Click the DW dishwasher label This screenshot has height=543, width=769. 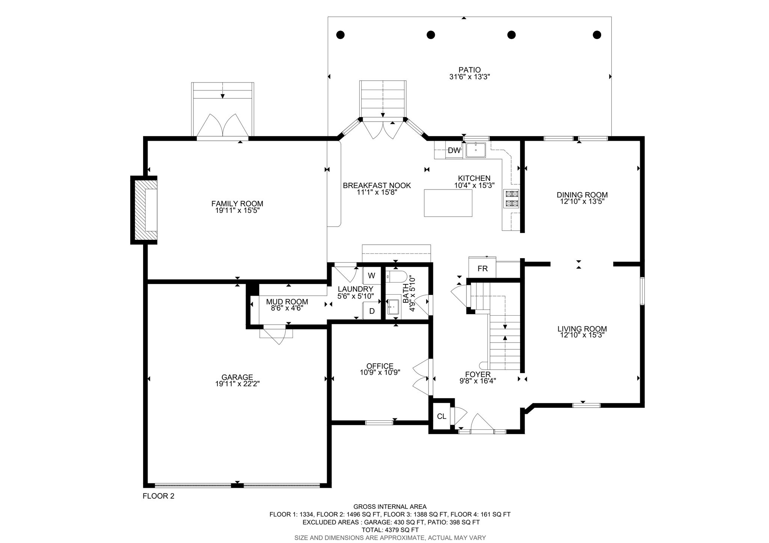pos(454,150)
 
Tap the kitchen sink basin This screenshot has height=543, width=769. pos(476,150)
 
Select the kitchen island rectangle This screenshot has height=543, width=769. pos(448,203)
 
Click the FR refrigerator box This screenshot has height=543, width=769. pos(483,268)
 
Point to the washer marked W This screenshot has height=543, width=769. pos(371,276)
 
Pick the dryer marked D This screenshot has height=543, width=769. pos(372,311)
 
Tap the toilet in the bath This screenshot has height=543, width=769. pos(396,277)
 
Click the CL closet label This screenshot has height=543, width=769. pos(442,416)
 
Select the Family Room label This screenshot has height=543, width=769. pos(237,204)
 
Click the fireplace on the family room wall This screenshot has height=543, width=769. pos(144,210)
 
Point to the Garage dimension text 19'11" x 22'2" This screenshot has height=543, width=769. pos(237,384)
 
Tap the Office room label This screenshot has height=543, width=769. pos(380,366)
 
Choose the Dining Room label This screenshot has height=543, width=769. pos(582,195)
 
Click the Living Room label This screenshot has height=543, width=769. pos(582,329)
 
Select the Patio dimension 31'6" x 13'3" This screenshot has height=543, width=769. pos(469,77)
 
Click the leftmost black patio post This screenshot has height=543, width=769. pos(340,35)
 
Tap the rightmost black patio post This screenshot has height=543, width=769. pos(597,35)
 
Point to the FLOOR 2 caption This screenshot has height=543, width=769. pos(158,496)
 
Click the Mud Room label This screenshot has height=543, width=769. pos(287,302)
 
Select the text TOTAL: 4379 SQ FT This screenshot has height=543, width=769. pos(390,530)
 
